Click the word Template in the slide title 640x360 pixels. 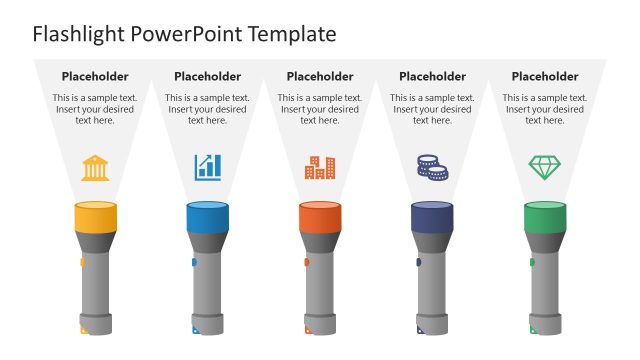tap(291, 35)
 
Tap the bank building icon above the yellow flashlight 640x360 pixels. tap(96, 167)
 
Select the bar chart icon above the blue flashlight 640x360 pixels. tap(208, 167)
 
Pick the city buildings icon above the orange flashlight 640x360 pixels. tap(320, 167)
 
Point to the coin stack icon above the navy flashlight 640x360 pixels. tap(432, 167)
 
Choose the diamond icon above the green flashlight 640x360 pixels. tap(544, 167)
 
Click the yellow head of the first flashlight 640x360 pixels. tap(96, 218)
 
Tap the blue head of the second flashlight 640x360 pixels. tap(208, 218)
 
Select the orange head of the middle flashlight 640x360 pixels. tap(320, 218)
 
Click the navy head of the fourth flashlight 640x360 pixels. tap(432, 218)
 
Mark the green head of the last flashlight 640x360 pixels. tap(544, 218)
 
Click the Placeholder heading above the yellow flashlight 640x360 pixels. tap(95, 76)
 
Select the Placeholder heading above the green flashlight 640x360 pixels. tap(545, 76)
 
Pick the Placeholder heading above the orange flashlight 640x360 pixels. tap(320, 76)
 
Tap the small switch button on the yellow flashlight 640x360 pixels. tap(83, 263)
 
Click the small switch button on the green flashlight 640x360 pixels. tap(532, 263)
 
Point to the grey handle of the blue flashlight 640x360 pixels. tap(208, 290)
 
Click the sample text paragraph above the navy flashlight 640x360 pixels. tap(432, 109)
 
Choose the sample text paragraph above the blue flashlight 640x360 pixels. tap(208, 109)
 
